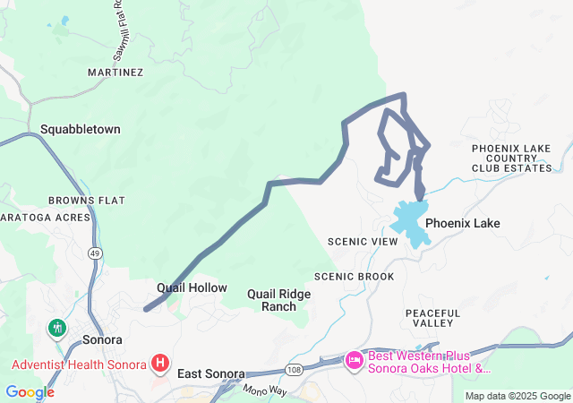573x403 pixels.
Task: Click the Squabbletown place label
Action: click(80, 130)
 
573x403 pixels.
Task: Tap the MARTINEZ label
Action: click(115, 72)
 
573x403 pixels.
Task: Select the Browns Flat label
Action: click(88, 200)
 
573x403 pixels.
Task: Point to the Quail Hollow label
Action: click(192, 288)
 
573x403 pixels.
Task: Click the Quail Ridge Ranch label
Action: click(278, 300)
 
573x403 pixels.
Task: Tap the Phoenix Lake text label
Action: click(462, 223)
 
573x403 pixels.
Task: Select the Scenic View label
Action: click(362, 242)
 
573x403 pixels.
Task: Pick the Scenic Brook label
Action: click(354, 277)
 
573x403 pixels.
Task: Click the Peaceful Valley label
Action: click(432, 318)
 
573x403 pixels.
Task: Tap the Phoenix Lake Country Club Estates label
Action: click(511, 158)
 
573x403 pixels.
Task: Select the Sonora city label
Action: click(101, 340)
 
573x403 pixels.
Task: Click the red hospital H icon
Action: click(160, 363)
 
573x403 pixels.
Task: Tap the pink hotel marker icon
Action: click(355, 360)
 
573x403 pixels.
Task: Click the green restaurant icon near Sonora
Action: click(58, 328)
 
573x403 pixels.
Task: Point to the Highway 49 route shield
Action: click(94, 253)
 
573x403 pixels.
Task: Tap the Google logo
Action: click(30, 392)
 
